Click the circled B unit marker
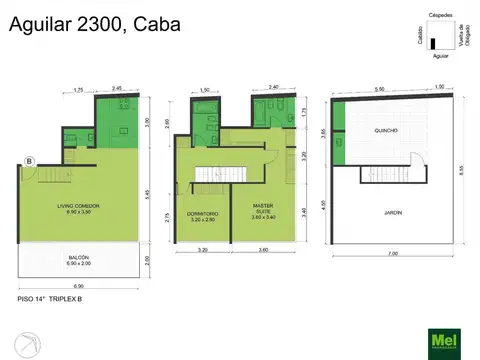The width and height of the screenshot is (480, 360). tap(30, 160)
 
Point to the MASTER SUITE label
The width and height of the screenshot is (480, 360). tap(263, 209)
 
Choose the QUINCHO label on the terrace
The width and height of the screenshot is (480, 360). tap(386, 131)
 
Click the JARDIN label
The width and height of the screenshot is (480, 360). tap(386, 212)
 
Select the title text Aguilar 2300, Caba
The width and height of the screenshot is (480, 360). tap(95, 24)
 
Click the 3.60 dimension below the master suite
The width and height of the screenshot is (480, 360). tap(263, 249)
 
